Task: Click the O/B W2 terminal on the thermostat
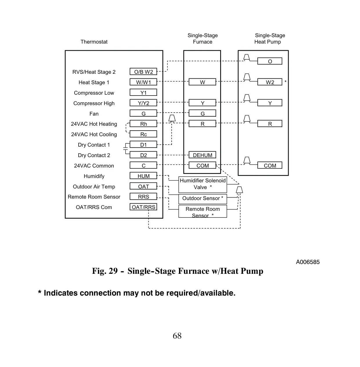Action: click(x=143, y=72)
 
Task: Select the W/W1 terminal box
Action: click(x=143, y=82)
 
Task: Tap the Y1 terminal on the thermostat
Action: click(x=143, y=93)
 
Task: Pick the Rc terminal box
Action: click(x=143, y=134)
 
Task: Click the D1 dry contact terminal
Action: click(x=143, y=145)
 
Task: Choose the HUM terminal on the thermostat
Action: click(x=143, y=176)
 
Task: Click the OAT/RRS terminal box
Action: click(x=143, y=207)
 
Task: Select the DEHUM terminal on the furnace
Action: click(x=202, y=155)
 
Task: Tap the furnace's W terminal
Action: click(x=202, y=82)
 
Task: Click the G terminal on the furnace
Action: click(x=202, y=113)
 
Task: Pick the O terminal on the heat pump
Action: click(x=270, y=61)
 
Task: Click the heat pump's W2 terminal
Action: click(x=270, y=82)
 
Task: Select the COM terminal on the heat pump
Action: click(x=270, y=165)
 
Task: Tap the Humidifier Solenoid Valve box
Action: click(x=202, y=185)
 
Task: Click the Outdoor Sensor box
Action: click(x=202, y=199)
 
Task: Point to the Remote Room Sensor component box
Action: click(x=202, y=211)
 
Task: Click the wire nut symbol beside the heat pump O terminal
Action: click(x=247, y=57)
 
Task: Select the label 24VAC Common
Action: click(x=94, y=165)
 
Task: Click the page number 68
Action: click(x=177, y=336)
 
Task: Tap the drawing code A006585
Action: click(x=308, y=262)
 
